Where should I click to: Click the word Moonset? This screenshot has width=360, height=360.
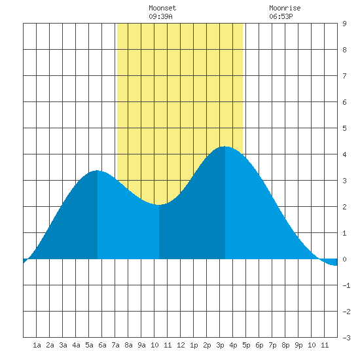[162, 8]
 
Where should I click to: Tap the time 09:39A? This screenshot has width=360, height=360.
[160, 16]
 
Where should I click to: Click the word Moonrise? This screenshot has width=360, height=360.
[285, 8]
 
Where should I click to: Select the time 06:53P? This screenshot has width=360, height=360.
[281, 16]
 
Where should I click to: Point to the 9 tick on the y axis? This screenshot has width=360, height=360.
[344, 24]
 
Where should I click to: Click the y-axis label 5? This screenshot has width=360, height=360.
[344, 128]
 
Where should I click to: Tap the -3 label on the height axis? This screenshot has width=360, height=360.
[346, 338]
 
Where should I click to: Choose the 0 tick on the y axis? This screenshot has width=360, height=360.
[344, 259]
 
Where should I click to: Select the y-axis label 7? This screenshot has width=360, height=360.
[344, 76]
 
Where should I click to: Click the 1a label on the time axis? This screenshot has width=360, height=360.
[37, 345]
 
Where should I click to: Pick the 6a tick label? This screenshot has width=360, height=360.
[102, 345]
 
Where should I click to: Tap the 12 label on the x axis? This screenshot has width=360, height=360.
[181, 345]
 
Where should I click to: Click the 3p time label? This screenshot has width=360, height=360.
[220, 345]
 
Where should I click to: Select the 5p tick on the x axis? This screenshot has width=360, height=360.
[246, 345]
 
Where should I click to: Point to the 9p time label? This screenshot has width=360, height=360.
[298, 345]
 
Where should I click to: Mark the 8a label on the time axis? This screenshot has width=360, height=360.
[128, 345]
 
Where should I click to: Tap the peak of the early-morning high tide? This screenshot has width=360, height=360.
[98, 170]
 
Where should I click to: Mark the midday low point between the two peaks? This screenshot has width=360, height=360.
[159, 205]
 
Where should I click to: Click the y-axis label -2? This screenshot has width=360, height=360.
[346, 312]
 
